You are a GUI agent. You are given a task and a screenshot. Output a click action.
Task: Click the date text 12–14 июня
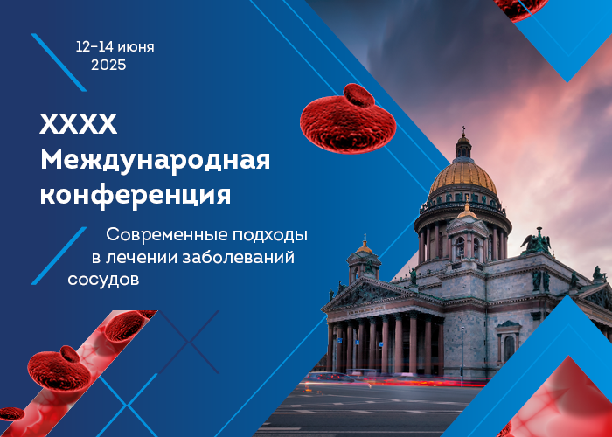115,47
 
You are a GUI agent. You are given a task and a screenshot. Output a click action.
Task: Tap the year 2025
108,65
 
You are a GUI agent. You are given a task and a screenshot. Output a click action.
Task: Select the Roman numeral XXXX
79,124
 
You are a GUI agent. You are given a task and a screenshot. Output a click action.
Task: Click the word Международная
155,161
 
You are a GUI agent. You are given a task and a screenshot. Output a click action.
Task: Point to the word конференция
136,195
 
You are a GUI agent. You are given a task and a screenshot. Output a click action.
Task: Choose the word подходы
270,236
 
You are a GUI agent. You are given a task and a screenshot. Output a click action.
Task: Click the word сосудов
103,280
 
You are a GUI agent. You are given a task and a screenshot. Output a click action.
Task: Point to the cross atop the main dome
463,130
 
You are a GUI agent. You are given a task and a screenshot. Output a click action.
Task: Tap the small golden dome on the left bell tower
365,247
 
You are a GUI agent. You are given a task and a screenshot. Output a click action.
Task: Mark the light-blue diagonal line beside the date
59,62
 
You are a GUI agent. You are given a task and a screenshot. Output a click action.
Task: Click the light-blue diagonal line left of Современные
59,255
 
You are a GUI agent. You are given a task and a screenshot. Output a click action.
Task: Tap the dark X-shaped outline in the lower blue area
189,342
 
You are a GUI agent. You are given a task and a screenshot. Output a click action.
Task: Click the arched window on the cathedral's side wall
509,348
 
